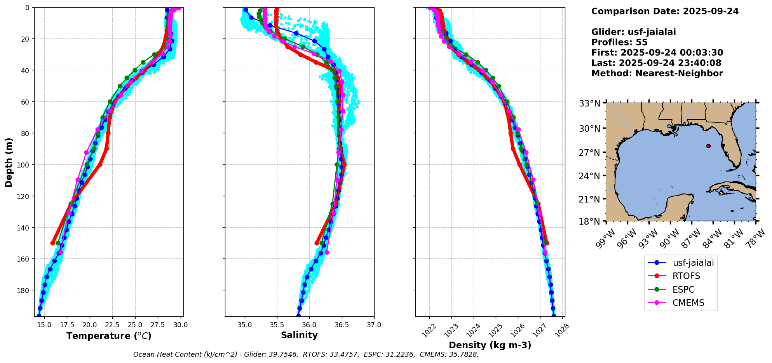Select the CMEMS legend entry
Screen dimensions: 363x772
pos(688,303)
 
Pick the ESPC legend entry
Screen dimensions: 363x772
pos(683,290)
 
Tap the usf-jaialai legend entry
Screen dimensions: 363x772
pos(693,263)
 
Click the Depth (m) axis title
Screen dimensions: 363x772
pos(9,162)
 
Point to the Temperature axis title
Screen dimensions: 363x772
pos(109,336)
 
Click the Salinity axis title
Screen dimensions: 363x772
pos(299,335)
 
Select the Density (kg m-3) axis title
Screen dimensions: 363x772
pos(490,345)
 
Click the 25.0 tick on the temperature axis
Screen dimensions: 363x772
pos(135,325)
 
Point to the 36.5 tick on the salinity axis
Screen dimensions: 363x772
pos(342,325)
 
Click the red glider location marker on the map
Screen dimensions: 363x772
pos(708,146)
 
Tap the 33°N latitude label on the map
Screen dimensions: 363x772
pos(590,103)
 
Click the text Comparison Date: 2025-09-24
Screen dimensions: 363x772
pos(665,11)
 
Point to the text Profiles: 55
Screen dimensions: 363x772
pos(619,42)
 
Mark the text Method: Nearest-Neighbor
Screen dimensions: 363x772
pos(657,73)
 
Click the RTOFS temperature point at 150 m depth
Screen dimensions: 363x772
pos(53,243)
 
